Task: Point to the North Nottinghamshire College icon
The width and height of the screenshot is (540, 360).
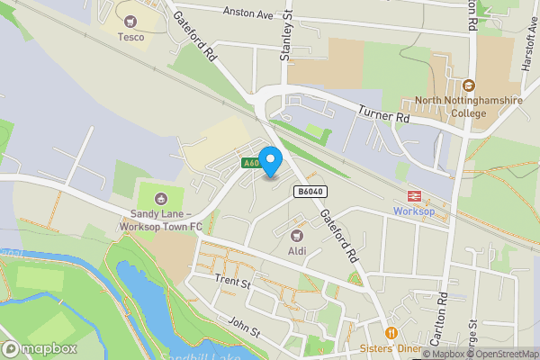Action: pos(468,85)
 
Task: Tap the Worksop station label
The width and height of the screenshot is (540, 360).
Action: pos(414,211)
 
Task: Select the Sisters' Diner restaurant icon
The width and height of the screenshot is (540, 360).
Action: pos(390,332)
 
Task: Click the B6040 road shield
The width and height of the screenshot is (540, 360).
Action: pos(308,192)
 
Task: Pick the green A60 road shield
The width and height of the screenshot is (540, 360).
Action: pos(251,163)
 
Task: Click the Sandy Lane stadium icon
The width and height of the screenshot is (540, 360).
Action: pos(162,197)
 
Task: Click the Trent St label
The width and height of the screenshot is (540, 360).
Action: pos(231,282)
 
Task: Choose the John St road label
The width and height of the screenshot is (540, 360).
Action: pos(244,328)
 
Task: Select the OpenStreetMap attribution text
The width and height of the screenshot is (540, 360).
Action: pos(501,354)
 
